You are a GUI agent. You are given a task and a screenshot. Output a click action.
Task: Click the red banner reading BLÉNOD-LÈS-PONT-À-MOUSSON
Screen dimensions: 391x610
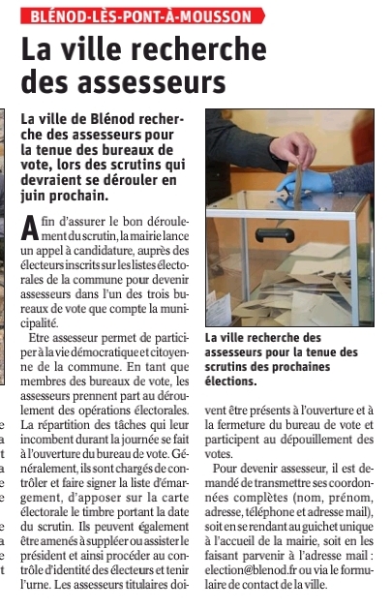coord(140,16)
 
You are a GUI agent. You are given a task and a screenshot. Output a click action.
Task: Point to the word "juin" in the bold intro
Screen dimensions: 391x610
coord(37,195)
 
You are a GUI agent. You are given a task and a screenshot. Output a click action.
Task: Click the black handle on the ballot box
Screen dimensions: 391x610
coord(275,233)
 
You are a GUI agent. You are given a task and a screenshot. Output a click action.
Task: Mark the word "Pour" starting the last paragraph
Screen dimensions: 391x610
coord(228,468)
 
